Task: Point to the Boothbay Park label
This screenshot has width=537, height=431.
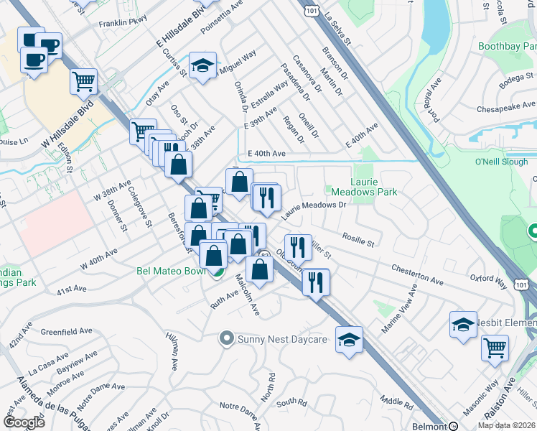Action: click(507, 45)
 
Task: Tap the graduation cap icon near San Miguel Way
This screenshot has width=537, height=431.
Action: click(203, 65)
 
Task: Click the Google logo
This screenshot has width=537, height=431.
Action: click(23, 422)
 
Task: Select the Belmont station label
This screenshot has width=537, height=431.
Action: click(429, 426)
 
